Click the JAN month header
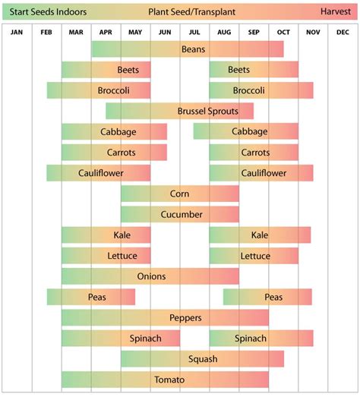pos(17,32)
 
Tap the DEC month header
pos(343,32)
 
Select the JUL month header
pos(194,32)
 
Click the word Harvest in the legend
pos(335,12)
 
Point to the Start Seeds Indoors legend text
pos(48,12)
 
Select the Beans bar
pos(188,49)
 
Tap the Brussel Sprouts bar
pos(180,112)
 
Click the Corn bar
pos(180,194)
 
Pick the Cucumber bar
pos(180,215)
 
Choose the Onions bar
pos(150,276)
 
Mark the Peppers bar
pos(165,317)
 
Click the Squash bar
pos(202,358)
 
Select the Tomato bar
pos(165,379)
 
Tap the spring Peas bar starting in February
pos(91,297)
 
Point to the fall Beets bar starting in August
pos(254,70)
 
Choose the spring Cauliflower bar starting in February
pos(99,173)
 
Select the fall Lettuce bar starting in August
pos(254,256)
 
